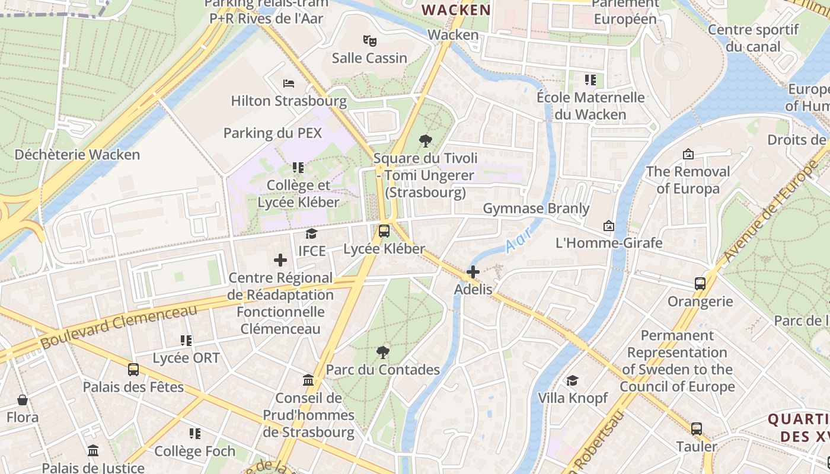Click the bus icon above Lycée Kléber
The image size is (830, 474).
384,231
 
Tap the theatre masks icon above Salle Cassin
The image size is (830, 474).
370,41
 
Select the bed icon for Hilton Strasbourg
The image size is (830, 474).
289,84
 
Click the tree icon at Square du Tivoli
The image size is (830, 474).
425,141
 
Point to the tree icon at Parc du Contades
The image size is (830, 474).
383,353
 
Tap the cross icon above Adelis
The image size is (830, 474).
473,272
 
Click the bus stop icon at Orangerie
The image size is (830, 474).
700,284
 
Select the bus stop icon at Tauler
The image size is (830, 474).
697,429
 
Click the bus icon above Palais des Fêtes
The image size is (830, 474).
133,370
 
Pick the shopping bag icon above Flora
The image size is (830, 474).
23,400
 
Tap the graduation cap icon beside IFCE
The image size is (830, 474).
311,234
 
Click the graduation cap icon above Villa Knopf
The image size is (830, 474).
572,380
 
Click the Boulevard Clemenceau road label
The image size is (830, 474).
119,327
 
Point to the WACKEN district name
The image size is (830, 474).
456,10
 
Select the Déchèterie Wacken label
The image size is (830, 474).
77,155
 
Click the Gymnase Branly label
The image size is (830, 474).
536,209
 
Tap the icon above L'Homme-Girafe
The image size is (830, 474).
608,226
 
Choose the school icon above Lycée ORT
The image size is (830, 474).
186,341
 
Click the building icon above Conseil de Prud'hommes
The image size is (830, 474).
308,380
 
